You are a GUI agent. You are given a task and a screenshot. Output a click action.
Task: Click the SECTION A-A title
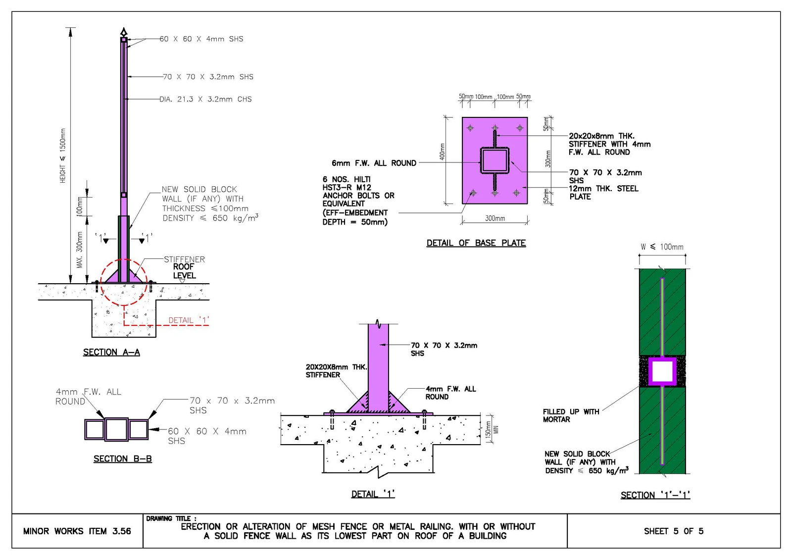tap(111, 353)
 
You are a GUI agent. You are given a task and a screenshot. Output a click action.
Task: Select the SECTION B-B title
tap(123, 459)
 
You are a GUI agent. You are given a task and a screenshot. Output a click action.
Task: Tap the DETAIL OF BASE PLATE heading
tap(476, 243)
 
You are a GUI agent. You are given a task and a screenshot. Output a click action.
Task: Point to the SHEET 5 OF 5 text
tap(674, 531)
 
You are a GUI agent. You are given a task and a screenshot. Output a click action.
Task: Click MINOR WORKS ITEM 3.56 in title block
tap(77, 531)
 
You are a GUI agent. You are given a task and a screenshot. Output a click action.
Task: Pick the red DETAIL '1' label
tap(189, 320)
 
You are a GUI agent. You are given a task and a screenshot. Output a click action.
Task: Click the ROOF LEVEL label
tap(184, 271)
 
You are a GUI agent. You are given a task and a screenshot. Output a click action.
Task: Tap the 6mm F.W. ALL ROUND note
tap(374, 163)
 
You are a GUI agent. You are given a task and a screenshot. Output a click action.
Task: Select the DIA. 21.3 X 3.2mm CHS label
tap(205, 99)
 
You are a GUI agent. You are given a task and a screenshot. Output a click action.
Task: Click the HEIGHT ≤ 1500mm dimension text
tap(62, 155)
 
